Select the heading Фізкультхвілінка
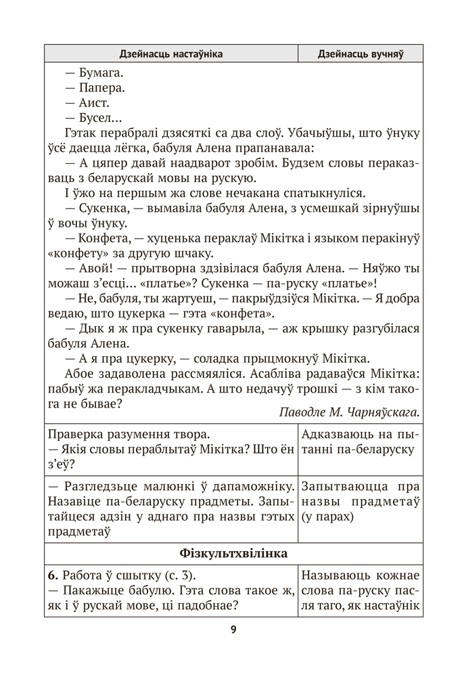[233, 553]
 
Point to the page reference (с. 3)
[177, 576]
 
